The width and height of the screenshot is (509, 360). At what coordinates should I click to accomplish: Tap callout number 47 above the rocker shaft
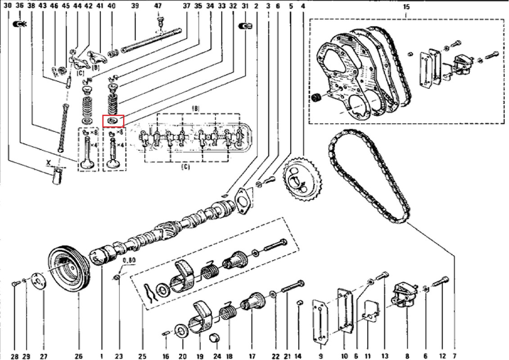(158, 6)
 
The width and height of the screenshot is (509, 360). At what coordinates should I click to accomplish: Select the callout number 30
(8, 6)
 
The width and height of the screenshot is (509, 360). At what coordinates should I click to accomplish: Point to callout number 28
(15, 356)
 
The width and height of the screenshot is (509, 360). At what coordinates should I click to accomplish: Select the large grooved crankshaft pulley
(69, 270)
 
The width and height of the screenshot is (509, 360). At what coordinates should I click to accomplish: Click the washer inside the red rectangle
(113, 121)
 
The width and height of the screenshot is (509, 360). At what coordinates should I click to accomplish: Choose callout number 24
(217, 356)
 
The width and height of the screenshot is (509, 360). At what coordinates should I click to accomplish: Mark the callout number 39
(135, 6)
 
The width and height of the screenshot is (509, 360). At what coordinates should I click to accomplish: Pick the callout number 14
(297, 356)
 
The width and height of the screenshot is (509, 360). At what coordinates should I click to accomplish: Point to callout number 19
(200, 356)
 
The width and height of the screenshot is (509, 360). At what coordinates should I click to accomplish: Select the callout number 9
(321, 356)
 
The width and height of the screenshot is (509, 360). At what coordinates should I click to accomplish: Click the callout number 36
(19, 6)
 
